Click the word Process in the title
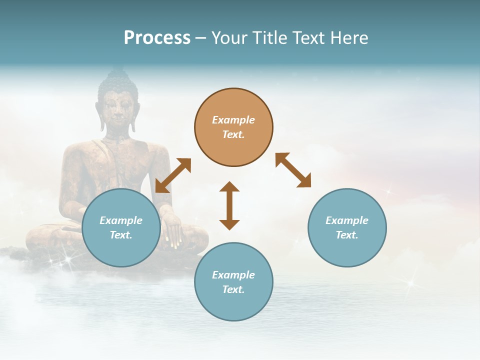pos(157,38)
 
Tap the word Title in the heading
pos(269,38)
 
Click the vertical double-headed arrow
pos(229,205)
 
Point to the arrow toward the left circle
pos(173,175)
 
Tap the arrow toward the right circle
pos(293,170)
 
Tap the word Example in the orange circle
pos(233,120)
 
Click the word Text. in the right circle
pos(347,235)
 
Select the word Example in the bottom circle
pos(233,275)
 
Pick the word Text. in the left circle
pos(121,235)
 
